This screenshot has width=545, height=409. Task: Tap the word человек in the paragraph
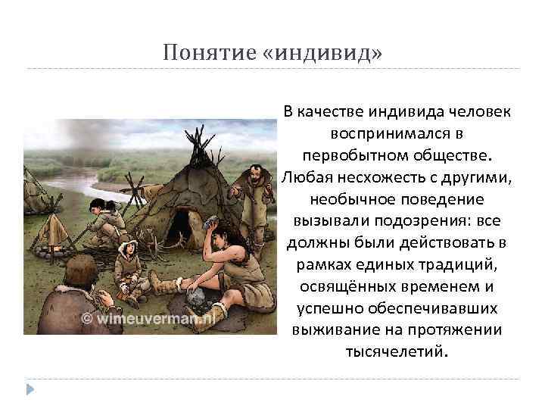(x=481, y=112)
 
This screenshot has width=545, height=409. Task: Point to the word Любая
(x=305, y=176)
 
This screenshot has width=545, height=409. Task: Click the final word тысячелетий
(x=398, y=352)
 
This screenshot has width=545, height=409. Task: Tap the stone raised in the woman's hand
(x=212, y=219)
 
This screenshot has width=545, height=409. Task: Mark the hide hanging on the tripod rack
(x=55, y=227)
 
